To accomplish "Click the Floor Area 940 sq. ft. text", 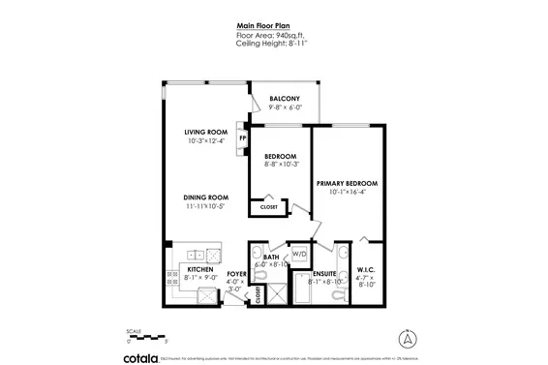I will click(x=273, y=36).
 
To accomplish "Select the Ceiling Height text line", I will click(x=273, y=44).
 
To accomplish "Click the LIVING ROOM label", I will click(x=205, y=133).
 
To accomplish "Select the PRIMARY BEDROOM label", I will click(x=346, y=183).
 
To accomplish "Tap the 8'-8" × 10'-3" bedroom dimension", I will click(x=281, y=164).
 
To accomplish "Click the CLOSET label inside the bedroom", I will click(x=268, y=206).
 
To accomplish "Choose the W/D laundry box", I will click(x=298, y=255).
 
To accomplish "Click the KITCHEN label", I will click(x=200, y=271).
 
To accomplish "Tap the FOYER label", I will click(x=236, y=274).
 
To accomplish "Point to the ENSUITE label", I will click(x=324, y=274).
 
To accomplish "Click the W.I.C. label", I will click(x=365, y=270).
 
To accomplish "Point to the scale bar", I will click(x=148, y=337).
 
